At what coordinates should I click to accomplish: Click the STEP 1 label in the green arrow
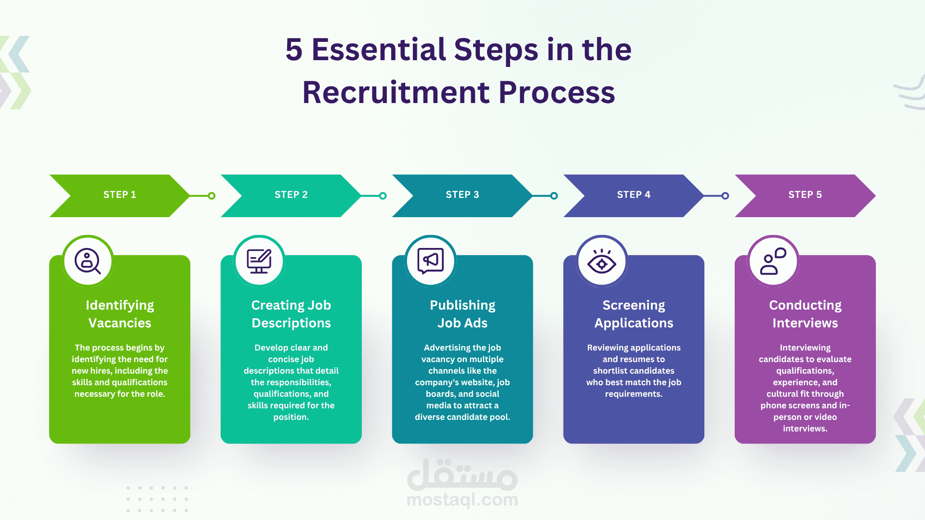point(119,195)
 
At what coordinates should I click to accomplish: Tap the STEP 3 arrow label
point(462,195)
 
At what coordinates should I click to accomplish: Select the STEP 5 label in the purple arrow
point(805,195)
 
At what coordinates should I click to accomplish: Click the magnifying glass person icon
point(88,261)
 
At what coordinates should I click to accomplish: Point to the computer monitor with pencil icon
point(259,261)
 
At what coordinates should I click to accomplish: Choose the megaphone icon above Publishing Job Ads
point(430,260)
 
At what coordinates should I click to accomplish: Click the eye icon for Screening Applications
point(602,263)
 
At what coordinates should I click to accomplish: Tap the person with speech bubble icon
point(773,261)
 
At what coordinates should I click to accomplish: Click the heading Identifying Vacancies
point(119,314)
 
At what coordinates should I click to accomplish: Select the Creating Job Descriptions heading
point(291,314)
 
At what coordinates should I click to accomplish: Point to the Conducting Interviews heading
point(805,314)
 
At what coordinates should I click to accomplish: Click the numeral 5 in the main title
point(294,50)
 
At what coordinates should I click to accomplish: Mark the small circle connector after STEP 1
point(211,196)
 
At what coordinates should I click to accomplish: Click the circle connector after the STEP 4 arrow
point(725,196)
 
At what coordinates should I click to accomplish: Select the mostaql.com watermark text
point(462,500)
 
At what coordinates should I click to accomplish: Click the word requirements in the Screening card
point(633,394)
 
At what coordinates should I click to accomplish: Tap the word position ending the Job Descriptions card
point(291,417)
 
